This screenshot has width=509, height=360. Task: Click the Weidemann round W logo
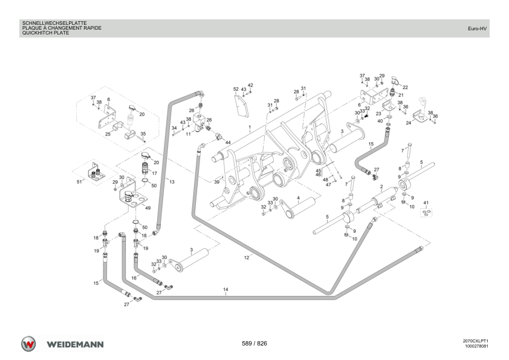(28, 344)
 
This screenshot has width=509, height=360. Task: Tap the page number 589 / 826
(254, 344)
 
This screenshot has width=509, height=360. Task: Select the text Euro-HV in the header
(477, 28)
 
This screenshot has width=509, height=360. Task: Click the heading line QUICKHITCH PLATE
(45, 33)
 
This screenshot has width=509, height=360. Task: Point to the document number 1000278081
(476, 346)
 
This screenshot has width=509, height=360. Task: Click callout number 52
(236, 89)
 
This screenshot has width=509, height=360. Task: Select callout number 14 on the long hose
(225, 289)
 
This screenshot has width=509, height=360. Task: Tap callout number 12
(247, 258)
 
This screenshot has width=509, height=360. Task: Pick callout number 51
(79, 182)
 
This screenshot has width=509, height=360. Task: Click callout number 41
(426, 203)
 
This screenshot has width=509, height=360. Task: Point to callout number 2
(381, 187)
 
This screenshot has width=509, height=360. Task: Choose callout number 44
(228, 143)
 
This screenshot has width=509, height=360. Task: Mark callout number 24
(409, 123)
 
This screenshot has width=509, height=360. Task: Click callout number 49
(148, 208)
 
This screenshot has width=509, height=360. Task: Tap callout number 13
(172, 182)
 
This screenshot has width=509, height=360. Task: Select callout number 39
(217, 182)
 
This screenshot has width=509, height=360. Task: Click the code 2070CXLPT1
(476, 341)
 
